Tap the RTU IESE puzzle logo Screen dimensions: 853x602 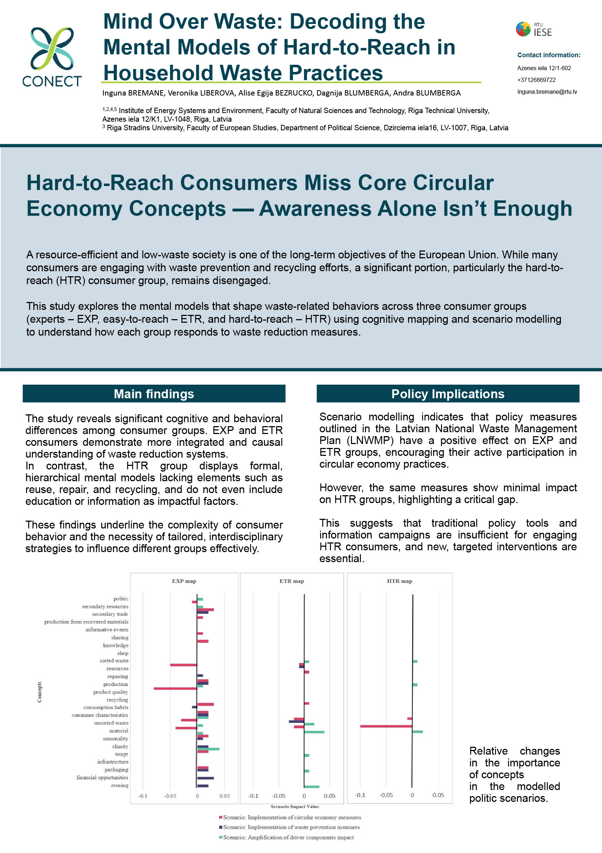click(x=523, y=29)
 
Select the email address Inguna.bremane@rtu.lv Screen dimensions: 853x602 click(x=547, y=92)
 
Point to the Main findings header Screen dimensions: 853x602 click(x=154, y=394)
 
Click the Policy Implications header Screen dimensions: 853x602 click(x=447, y=394)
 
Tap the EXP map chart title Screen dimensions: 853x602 click(x=184, y=581)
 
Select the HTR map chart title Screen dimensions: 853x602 click(x=399, y=581)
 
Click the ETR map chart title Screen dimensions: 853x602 click(x=292, y=581)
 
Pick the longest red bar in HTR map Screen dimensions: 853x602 click(x=386, y=726)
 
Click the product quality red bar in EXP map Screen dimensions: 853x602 click(x=175, y=688)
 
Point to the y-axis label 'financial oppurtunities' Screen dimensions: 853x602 click(x=102, y=777)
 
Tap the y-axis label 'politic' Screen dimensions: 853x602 click(x=121, y=599)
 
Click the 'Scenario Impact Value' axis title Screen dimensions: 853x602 click(x=294, y=806)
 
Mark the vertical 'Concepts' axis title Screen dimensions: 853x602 click(x=39, y=692)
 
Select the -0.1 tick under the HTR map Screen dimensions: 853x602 click(x=360, y=795)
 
